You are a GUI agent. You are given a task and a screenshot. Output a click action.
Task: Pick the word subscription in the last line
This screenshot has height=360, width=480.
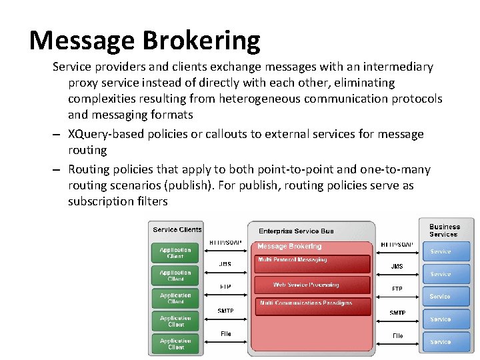pyautogui.click(x=102, y=201)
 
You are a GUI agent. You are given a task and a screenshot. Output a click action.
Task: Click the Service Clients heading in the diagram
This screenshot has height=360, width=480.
pyautogui.click(x=177, y=230)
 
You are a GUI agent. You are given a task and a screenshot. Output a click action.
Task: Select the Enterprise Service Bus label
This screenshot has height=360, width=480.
pyautogui.click(x=296, y=231)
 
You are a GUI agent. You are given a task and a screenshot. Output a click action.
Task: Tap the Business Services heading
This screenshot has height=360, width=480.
pyautogui.click(x=444, y=230)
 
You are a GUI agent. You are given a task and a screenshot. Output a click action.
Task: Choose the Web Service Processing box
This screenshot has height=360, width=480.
pyautogui.click(x=306, y=285)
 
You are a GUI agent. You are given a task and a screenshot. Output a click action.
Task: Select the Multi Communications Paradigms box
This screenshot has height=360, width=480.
pyautogui.click(x=306, y=304)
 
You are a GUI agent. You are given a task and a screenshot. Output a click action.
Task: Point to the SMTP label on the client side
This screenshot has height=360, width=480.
pyautogui.click(x=225, y=311)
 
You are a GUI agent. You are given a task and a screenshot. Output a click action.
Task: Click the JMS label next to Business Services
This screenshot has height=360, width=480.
pyautogui.click(x=397, y=267)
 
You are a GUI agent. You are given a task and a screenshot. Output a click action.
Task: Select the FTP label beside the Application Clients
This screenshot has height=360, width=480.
pyautogui.click(x=225, y=287)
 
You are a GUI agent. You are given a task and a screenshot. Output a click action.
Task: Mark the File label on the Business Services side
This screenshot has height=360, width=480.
pyautogui.click(x=397, y=336)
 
